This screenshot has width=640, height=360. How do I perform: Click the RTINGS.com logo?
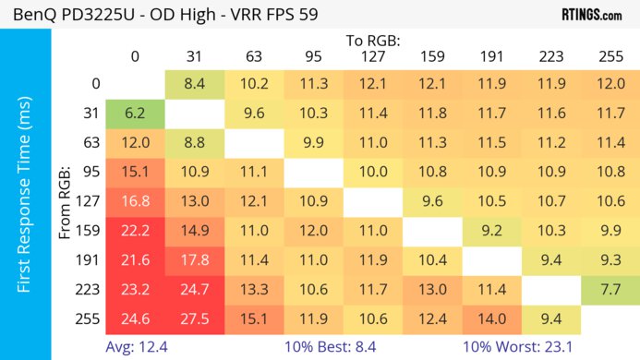591,15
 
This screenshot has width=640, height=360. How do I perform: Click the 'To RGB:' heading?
372,42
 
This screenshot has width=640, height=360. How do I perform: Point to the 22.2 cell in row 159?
135,231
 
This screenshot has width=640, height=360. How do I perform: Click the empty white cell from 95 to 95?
313,173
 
